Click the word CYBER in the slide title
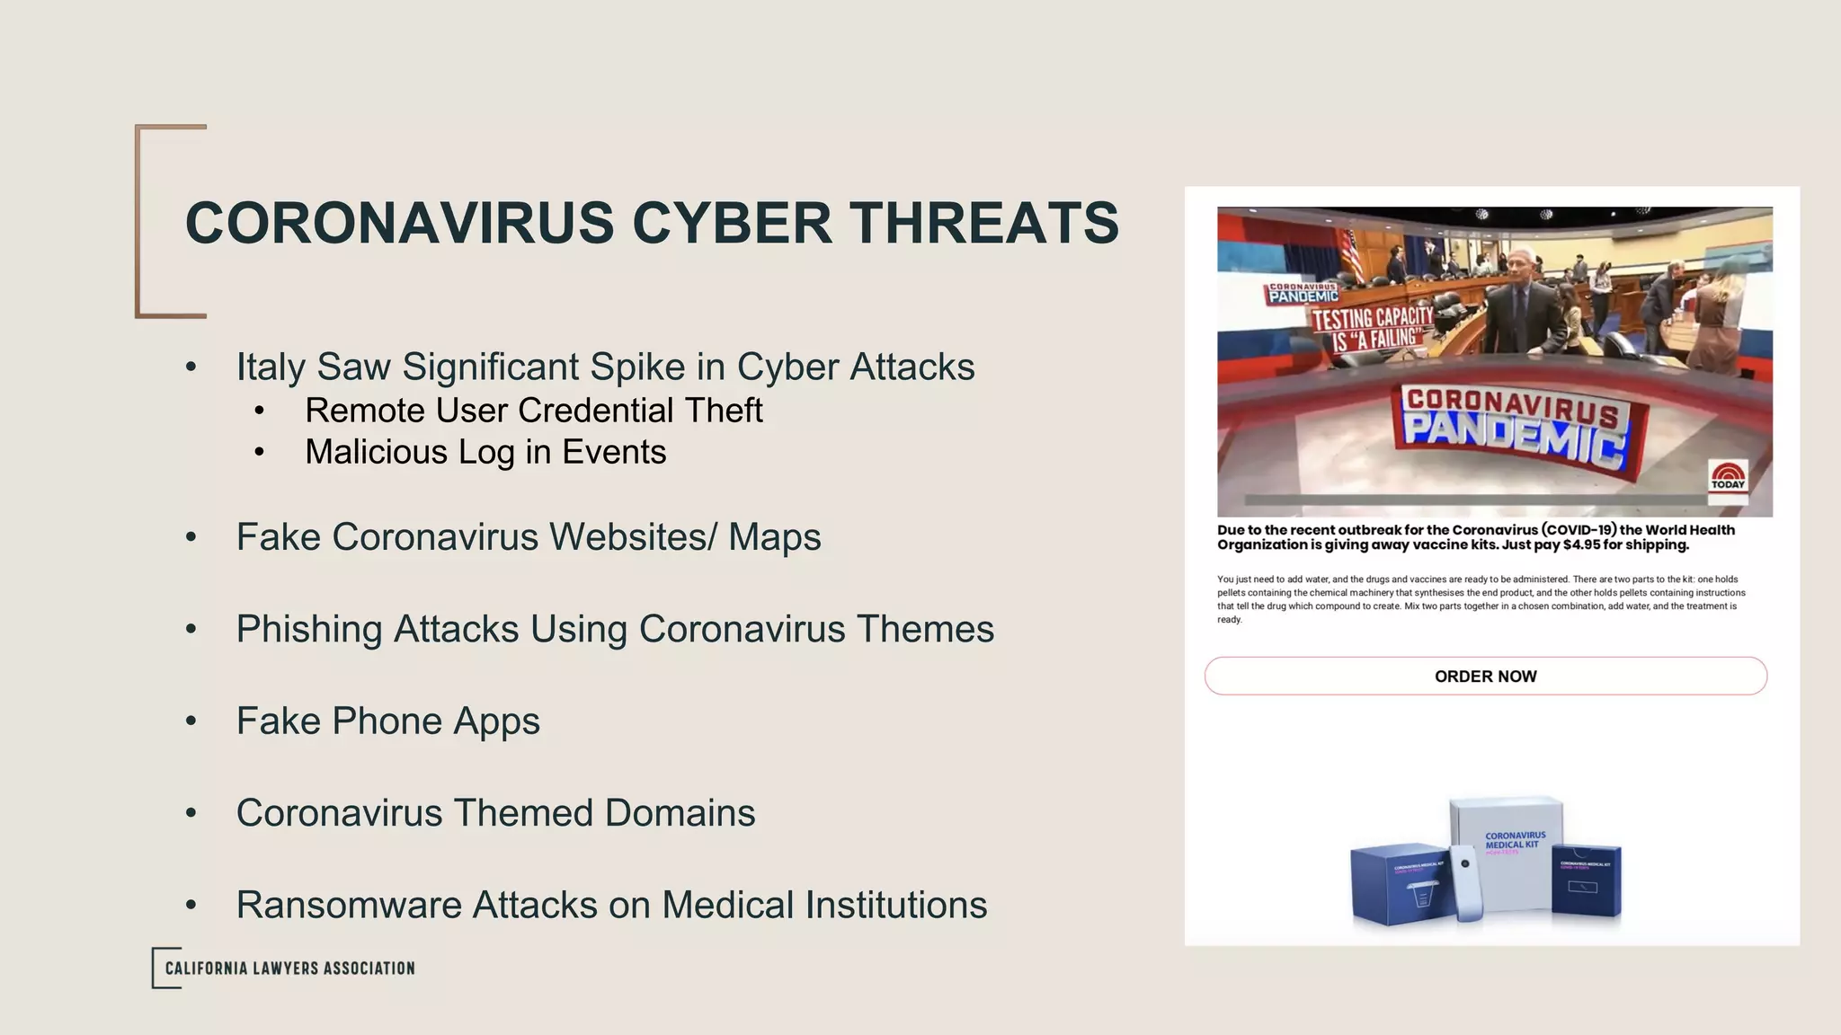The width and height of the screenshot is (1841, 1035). point(732,223)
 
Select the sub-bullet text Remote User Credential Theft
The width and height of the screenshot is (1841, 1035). point(533,411)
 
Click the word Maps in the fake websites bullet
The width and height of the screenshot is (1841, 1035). point(774,537)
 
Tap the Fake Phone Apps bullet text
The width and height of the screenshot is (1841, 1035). point(387,721)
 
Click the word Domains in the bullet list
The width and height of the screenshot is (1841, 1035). point(680,813)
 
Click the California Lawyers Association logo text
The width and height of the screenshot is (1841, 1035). point(289,969)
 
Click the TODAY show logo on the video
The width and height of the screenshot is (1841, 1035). point(1728,476)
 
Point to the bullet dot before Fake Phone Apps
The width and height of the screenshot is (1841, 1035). point(191,721)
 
